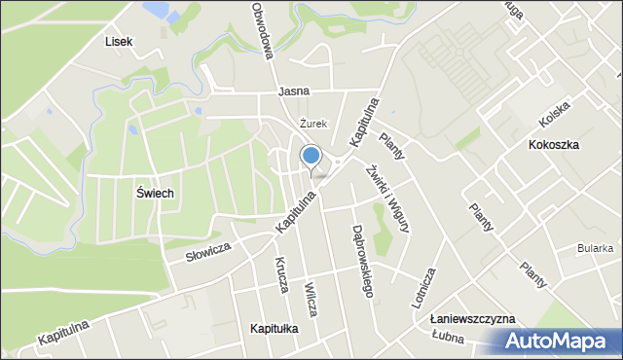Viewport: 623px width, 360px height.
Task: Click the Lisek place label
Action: tap(118, 42)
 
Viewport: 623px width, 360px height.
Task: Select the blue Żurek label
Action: tap(312, 124)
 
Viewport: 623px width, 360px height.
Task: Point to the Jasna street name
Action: tap(293, 91)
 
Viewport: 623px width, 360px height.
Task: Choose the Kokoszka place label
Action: tap(553, 144)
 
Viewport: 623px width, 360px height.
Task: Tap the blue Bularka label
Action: tap(595, 248)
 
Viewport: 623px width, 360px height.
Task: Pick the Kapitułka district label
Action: tap(274, 329)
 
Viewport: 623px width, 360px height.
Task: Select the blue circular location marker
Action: tap(311, 156)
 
